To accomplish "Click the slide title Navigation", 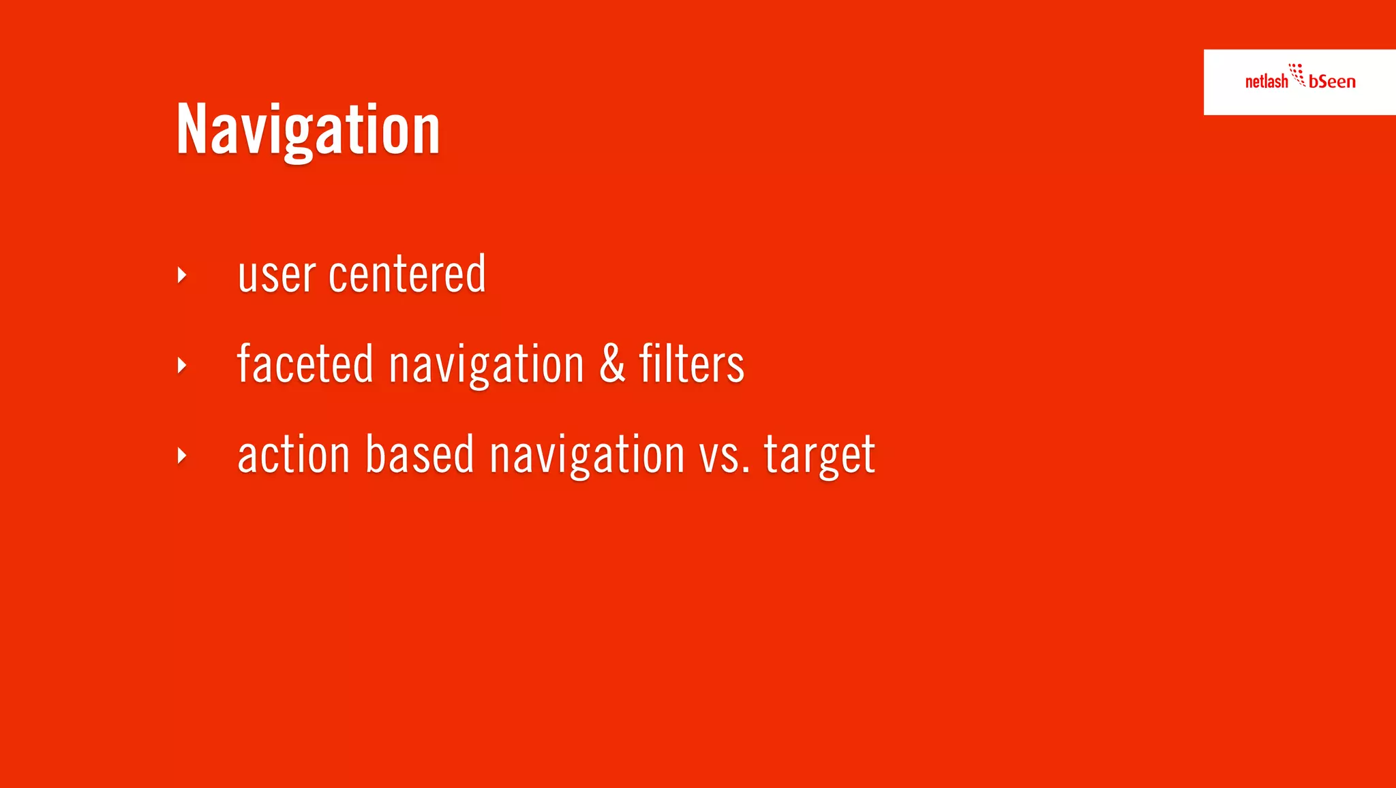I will [308, 129].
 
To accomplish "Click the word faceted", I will [305, 364].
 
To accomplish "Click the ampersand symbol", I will [612, 363].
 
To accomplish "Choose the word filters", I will [691, 364].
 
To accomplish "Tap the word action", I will [293, 454].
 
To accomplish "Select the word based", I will [419, 454].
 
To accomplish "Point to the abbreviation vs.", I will [725, 456].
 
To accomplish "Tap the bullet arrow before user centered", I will [182, 275].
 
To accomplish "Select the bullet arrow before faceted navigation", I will [182, 366].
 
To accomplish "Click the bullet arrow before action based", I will [182, 456].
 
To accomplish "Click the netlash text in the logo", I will [1266, 82].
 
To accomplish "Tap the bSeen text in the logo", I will [1332, 82].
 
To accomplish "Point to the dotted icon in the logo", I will [1297, 74].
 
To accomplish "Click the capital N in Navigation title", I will [191, 129].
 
